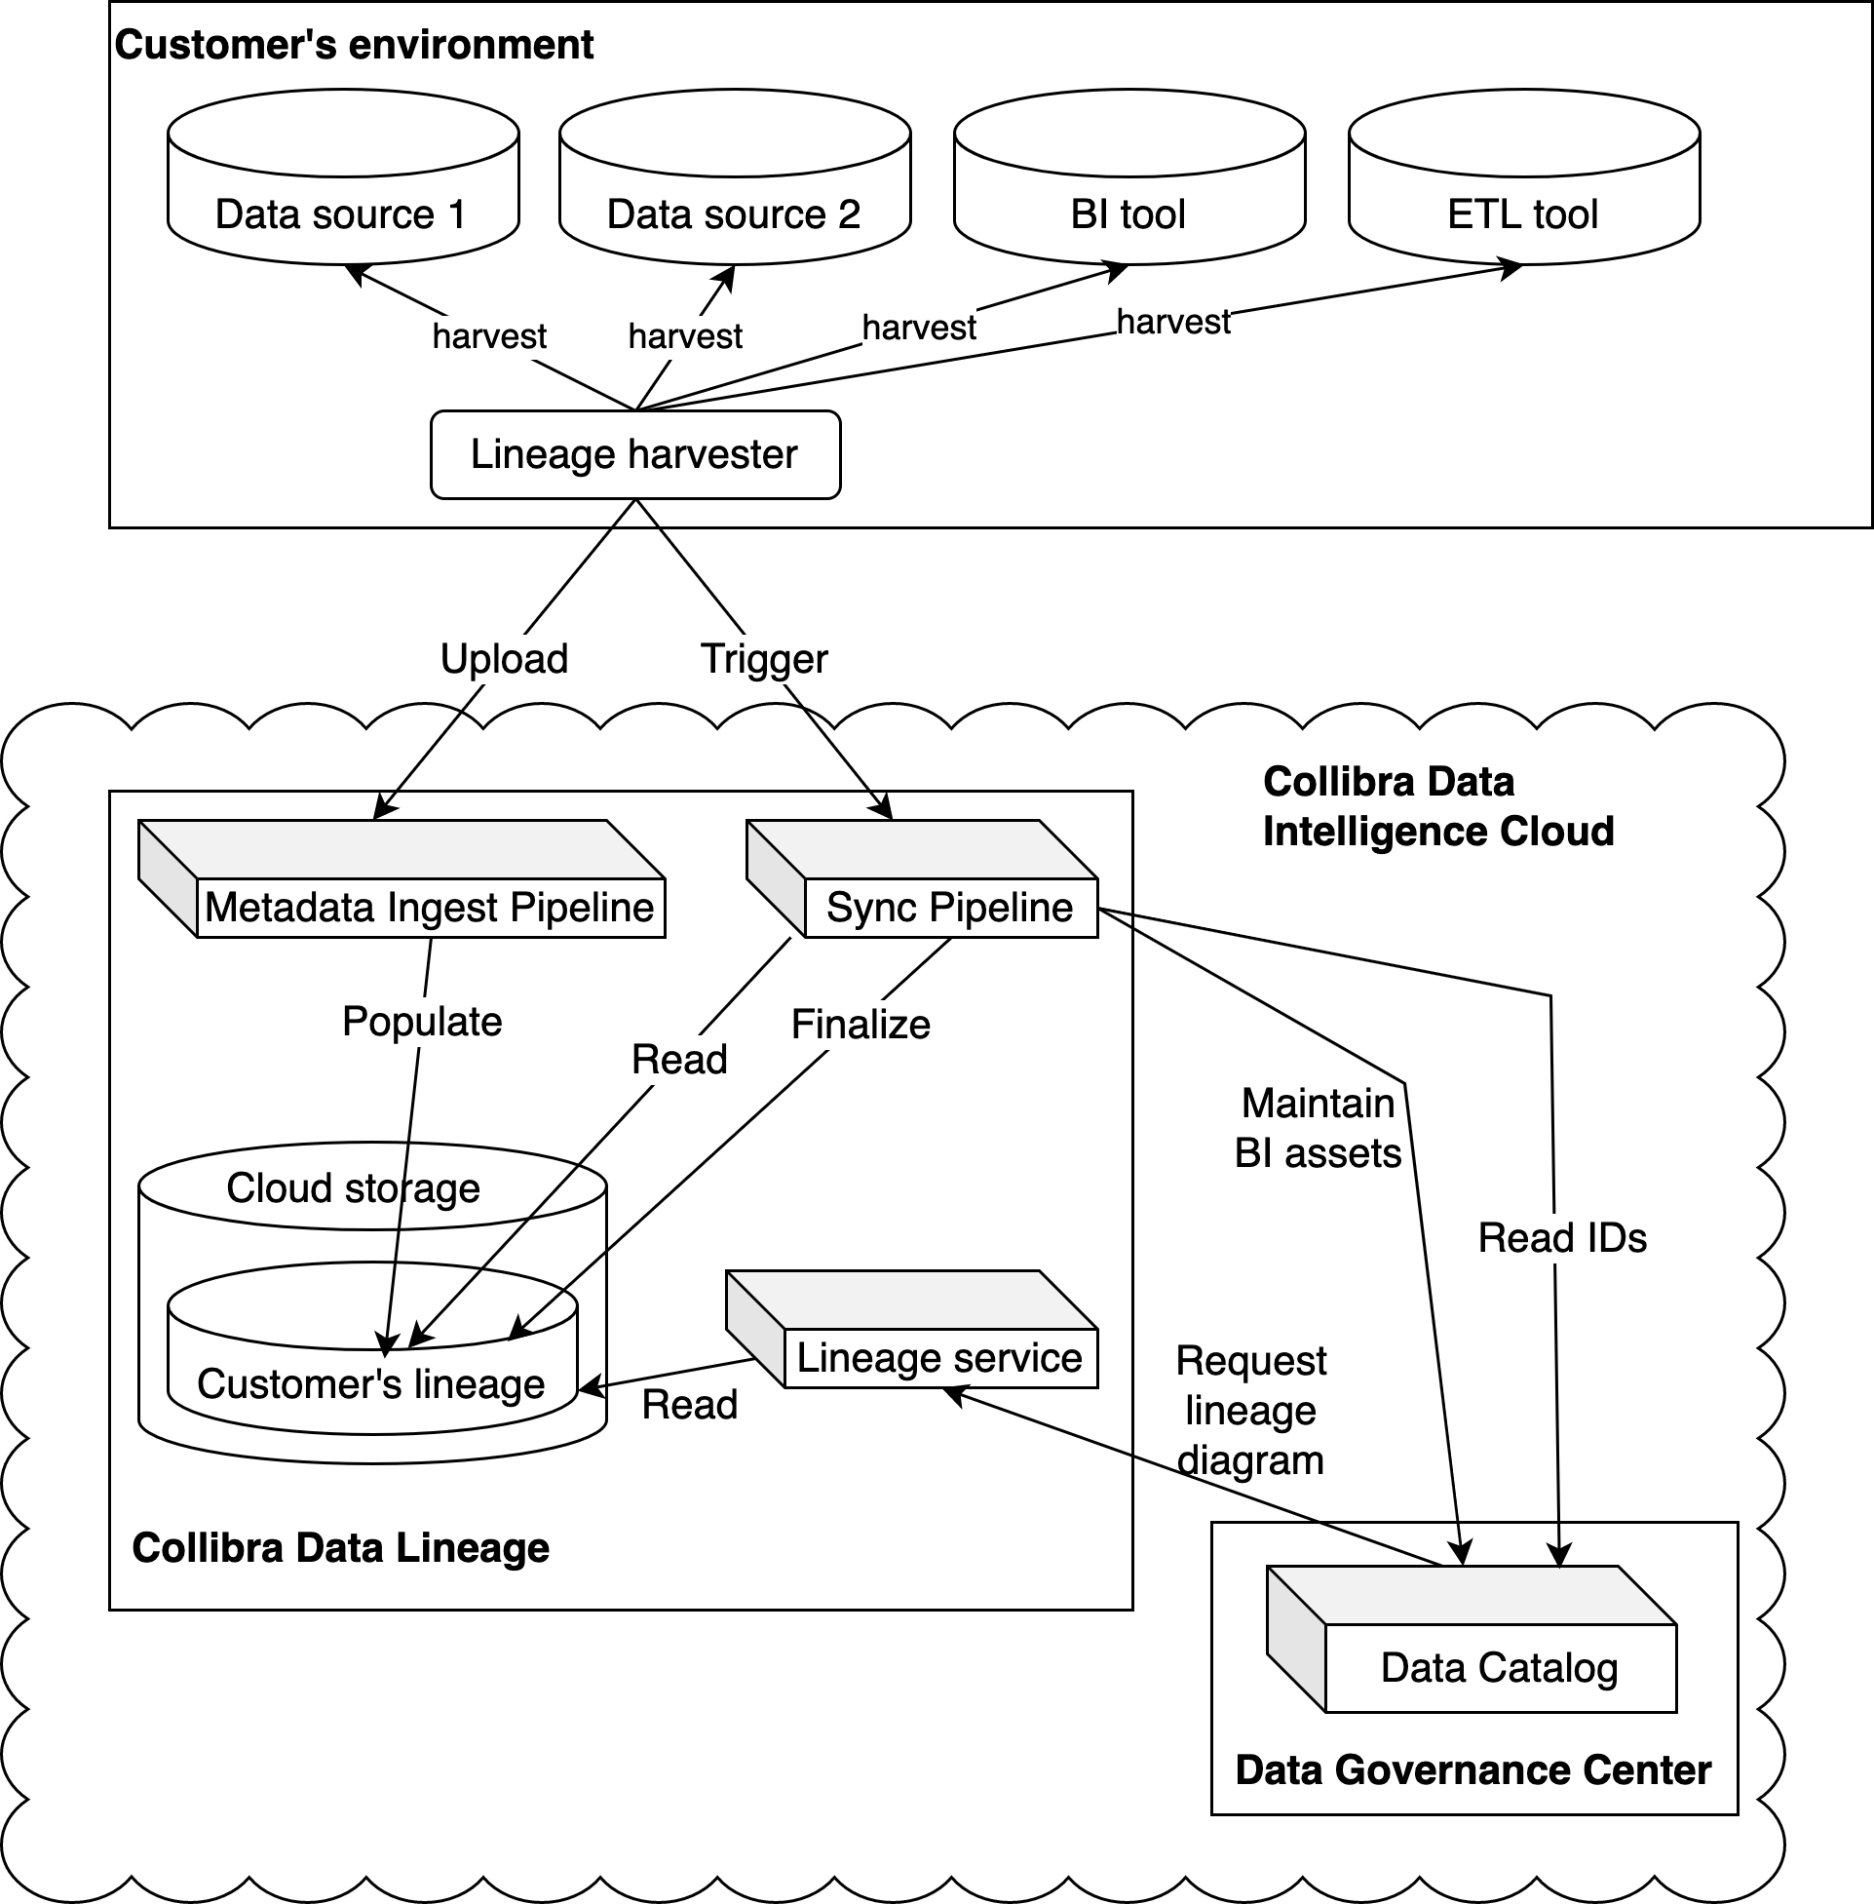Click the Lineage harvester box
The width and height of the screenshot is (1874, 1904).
[x=634, y=455]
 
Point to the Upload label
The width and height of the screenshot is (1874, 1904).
[x=504, y=659]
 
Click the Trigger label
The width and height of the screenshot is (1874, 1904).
[x=764, y=659]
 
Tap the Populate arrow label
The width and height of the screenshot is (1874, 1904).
[x=422, y=1022]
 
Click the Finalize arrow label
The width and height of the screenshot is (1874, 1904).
[x=861, y=1025]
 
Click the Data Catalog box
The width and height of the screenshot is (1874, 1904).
[x=1499, y=1668]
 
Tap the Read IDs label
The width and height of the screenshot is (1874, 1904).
[x=1562, y=1238]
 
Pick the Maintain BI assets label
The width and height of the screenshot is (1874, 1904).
[x=1318, y=1128]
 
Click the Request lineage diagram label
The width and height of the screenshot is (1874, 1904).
[x=1251, y=1411]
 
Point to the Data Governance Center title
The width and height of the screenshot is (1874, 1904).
[x=1472, y=1770]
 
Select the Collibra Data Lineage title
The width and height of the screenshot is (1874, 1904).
[x=340, y=1547]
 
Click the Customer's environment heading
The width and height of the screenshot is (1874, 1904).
[x=355, y=45]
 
